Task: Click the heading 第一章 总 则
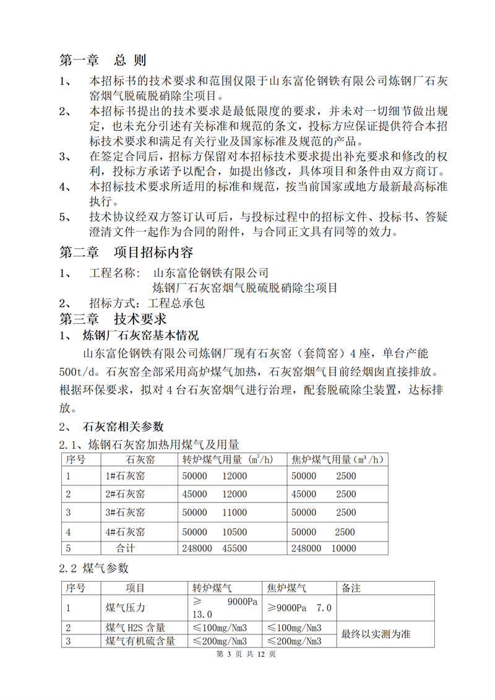click(103, 61)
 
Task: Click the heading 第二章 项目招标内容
click(126, 253)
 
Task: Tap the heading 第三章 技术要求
click(113, 319)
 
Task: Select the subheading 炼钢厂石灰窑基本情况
click(140, 337)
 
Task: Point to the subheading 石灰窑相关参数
click(123, 427)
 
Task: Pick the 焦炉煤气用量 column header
click(338, 459)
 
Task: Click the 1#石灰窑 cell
click(126, 476)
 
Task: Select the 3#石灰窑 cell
click(126, 512)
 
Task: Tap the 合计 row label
click(126, 548)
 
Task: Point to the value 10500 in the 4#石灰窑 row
click(233, 532)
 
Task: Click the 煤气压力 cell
click(126, 608)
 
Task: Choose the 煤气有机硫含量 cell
click(140, 641)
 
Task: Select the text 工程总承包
click(177, 303)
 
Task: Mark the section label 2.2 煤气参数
click(94, 568)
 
